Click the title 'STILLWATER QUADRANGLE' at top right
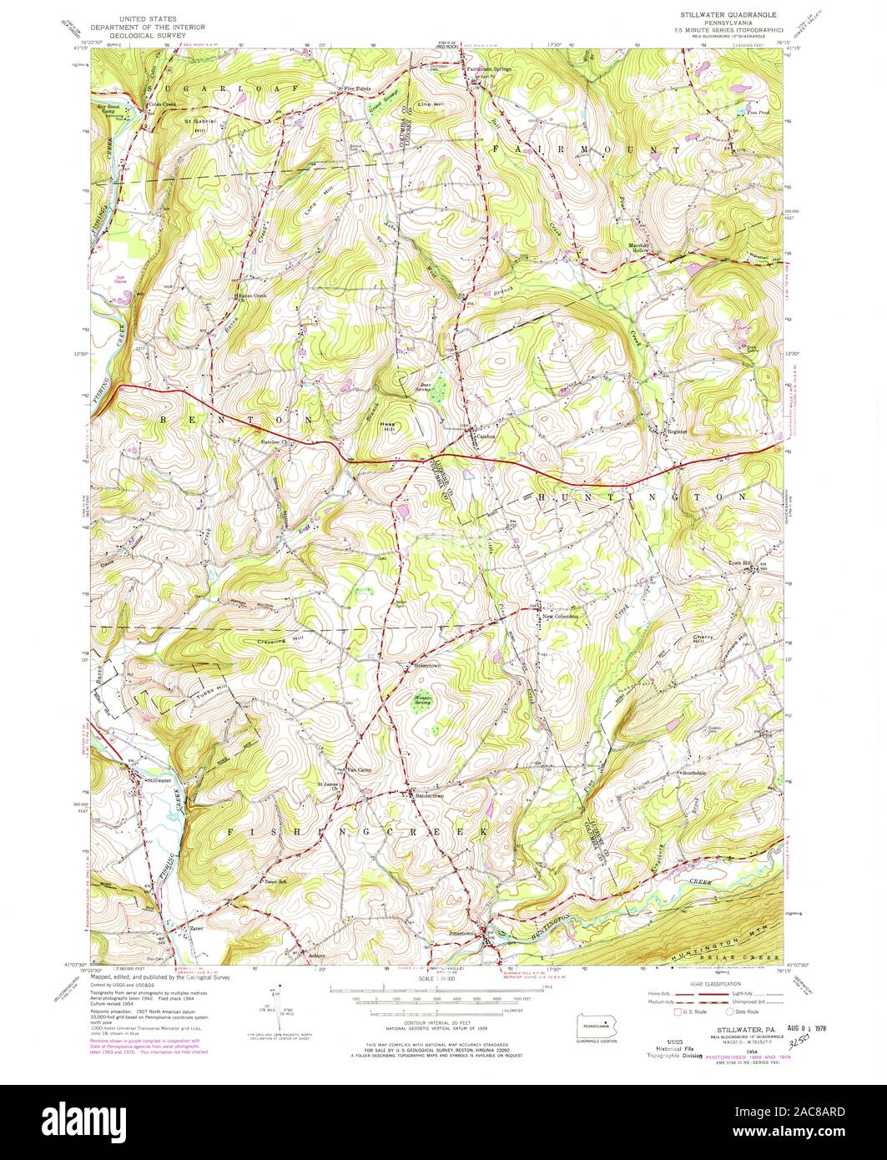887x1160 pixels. (728, 15)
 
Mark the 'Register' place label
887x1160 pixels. (676, 431)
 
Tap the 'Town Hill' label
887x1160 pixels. (741, 562)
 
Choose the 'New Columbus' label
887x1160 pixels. (561, 618)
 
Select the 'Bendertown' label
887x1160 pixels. (430, 797)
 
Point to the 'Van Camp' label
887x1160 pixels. (358, 769)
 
